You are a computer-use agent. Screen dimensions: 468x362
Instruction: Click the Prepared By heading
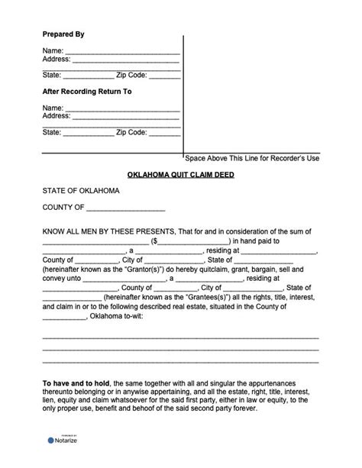[63, 35]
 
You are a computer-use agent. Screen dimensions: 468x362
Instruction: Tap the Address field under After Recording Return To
[126, 116]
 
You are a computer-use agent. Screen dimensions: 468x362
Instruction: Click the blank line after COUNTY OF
[125, 208]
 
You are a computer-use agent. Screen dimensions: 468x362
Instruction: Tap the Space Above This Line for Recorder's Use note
[252, 158]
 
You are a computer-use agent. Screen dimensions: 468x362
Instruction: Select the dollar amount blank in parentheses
[191, 240]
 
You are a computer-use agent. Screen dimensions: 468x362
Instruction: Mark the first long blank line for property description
[180, 337]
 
